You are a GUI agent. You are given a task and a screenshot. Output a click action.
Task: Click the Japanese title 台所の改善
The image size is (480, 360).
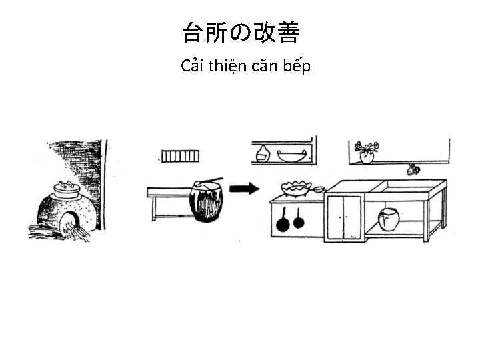click(241, 33)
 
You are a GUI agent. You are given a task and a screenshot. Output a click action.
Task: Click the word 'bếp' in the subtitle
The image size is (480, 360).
click(297, 67)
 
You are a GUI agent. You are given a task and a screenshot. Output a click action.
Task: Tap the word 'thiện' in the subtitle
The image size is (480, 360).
click(227, 67)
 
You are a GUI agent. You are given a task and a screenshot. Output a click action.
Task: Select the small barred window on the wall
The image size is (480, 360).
click(180, 156)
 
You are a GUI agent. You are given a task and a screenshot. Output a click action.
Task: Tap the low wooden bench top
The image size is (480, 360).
click(170, 192)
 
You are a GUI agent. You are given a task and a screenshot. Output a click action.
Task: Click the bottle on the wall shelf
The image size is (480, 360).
click(263, 154)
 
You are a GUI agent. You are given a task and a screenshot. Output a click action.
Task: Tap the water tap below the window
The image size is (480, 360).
click(413, 169)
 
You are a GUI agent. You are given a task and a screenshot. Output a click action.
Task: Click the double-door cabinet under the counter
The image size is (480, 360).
click(344, 217)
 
